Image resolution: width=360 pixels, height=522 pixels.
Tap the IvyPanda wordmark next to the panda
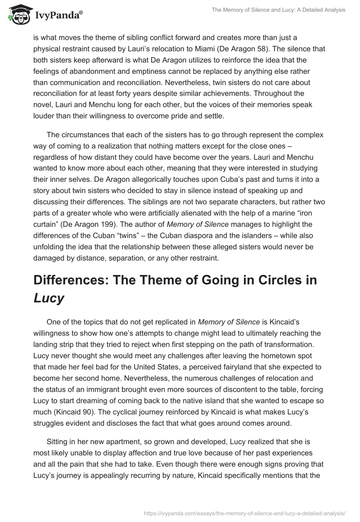(x=57, y=16)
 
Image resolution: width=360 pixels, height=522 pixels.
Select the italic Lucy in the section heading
(x=49, y=298)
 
